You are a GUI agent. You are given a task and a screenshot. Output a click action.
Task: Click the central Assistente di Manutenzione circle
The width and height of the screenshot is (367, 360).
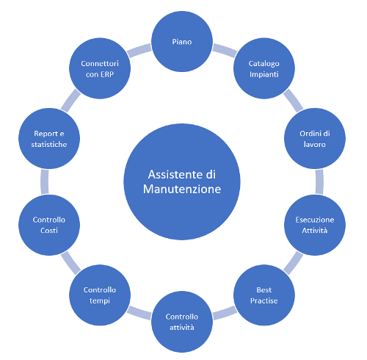coord(182,181)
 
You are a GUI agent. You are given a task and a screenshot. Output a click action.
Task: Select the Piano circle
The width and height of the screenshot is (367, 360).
coord(182,41)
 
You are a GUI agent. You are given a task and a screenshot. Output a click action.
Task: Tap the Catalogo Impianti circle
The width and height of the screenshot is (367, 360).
coord(264,68)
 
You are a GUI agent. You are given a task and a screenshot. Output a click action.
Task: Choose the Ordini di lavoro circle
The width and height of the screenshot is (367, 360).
coord(315,138)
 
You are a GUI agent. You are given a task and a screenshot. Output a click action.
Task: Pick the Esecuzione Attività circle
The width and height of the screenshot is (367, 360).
coord(315,225)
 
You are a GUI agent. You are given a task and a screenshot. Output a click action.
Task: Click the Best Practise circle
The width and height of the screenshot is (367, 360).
coord(264,295)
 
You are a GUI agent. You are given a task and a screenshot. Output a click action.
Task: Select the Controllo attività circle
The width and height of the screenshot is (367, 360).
coord(182,322)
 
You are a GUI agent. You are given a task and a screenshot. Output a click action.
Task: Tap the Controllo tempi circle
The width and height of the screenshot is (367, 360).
coord(100,295)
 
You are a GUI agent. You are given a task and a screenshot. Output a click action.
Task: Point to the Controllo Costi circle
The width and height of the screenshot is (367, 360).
coord(49,225)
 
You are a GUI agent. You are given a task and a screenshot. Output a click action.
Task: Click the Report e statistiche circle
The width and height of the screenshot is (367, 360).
coord(49,138)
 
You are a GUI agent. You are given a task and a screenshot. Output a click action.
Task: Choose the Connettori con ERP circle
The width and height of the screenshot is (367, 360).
coord(100,68)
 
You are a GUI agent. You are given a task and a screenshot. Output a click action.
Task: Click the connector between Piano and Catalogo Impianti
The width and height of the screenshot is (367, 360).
coord(225,51)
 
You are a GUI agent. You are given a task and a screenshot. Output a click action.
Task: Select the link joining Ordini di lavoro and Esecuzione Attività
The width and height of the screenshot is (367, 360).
coord(319,181)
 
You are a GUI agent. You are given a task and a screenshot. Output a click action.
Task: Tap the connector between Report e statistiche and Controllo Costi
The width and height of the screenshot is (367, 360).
coord(45,181)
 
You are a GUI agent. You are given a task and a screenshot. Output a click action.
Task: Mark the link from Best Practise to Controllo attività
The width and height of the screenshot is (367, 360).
coord(225,313)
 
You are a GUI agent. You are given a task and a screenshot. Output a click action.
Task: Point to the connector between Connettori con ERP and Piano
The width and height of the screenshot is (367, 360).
coord(139,51)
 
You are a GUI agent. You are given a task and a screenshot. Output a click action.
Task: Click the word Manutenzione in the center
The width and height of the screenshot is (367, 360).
coord(182,189)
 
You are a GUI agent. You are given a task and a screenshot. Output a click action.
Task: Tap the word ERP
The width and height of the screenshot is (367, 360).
coord(107,74)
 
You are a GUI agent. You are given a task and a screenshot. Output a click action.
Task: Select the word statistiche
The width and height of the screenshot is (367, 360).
coord(49,144)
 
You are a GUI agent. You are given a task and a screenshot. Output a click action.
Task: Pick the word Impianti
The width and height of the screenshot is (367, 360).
coord(264,74)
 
